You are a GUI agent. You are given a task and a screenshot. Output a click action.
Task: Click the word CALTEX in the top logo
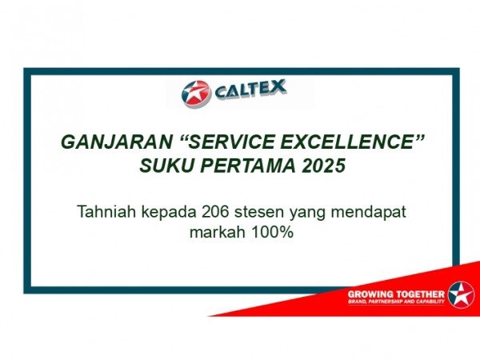pyautogui.click(x=250, y=90)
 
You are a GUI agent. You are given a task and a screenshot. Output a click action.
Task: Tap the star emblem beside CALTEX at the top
pyautogui.click(x=197, y=94)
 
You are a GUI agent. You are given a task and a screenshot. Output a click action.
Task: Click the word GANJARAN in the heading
pyautogui.click(x=116, y=142)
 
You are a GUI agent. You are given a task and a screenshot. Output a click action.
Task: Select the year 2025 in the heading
pyautogui.click(x=324, y=166)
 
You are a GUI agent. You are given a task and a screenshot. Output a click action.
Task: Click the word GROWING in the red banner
pyautogui.click(x=370, y=294)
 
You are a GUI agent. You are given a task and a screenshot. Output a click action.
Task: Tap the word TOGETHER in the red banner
pyautogui.click(x=420, y=294)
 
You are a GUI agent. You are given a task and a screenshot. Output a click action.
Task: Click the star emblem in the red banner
pyautogui.click(x=462, y=294)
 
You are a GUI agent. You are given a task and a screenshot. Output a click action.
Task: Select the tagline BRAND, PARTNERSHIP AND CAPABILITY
pyautogui.click(x=396, y=302)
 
